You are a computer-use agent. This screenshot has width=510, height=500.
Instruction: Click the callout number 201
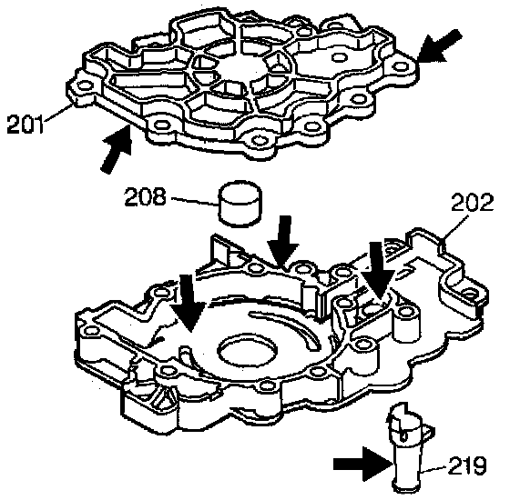(x=25, y=125)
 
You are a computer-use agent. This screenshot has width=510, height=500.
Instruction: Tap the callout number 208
(x=145, y=195)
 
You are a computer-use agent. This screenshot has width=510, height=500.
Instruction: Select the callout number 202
(x=473, y=202)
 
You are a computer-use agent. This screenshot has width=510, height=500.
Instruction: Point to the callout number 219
(x=467, y=465)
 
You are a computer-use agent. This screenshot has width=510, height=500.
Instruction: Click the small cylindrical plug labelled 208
(x=240, y=204)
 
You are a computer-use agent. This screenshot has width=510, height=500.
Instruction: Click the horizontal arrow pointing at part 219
(x=363, y=464)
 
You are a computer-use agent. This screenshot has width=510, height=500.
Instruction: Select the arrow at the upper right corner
(x=439, y=45)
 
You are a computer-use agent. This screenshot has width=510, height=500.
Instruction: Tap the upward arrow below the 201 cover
(x=117, y=149)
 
